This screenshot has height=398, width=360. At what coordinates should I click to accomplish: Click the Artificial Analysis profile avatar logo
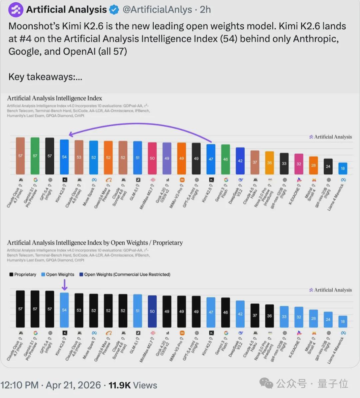pyautogui.click(x=15, y=10)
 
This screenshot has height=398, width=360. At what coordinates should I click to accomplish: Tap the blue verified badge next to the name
pyautogui.click(x=114, y=10)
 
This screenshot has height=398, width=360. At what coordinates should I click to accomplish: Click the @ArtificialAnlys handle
pyautogui.click(x=157, y=10)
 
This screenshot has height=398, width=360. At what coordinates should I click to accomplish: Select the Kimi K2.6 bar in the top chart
pyautogui.click(x=64, y=157)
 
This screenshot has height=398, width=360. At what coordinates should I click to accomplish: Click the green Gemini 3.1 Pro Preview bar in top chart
pyautogui.click(x=35, y=156)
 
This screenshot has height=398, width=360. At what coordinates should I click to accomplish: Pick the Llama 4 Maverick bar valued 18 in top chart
pyautogui.click(x=343, y=168)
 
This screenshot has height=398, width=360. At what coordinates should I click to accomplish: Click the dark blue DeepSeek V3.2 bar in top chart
pyautogui.click(x=240, y=161)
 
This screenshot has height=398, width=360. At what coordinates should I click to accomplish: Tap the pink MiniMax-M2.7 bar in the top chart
pyautogui.click(x=152, y=158)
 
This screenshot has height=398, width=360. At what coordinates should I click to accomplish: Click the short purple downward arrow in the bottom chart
pyautogui.click(x=65, y=285)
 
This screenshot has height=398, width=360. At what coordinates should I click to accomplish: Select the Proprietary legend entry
pyautogui.click(x=23, y=274)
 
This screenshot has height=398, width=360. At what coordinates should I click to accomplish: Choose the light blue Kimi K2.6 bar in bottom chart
pyautogui.click(x=64, y=310)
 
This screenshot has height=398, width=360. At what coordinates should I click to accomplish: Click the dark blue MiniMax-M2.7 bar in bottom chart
pyautogui.click(x=152, y=311)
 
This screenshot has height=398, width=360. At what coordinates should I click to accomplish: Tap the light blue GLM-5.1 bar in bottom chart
pyautogui.click(x=138, y=310)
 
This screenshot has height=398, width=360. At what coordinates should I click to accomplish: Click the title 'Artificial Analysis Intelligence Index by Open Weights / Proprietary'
pyautogui.click(x=95, y=243)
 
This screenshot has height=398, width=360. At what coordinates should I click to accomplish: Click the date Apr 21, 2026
pyautogui.click(x=73, y=385)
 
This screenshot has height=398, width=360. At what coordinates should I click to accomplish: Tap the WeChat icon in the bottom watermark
pyautogui.click(x=266, y=383)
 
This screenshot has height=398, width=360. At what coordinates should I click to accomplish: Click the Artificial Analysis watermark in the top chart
pyautogui.click(x=330, y=137)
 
